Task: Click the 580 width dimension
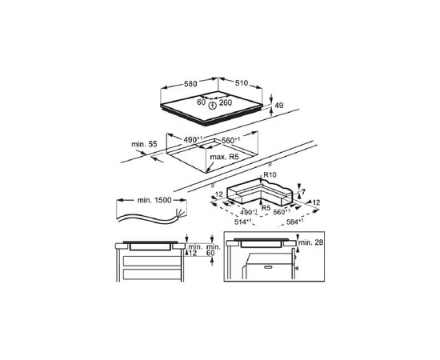(190, 84)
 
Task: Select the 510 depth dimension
(242, 83)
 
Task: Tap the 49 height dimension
(279, 106)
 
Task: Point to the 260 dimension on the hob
(226, 102)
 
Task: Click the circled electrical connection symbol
(213, 106)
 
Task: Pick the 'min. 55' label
(144, 145)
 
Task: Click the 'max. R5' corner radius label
(225, 157)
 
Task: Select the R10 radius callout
(270, 175)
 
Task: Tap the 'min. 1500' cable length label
(154, 200)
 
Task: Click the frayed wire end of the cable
(180, 214)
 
